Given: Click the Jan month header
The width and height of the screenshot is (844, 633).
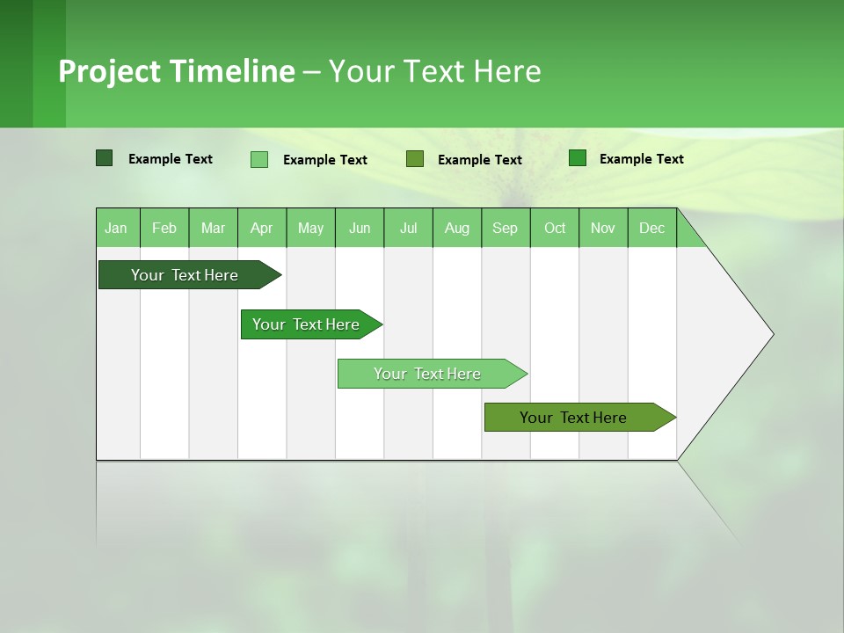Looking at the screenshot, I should [x=117, y=228].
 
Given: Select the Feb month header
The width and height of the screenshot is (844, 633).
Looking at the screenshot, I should [x=164, y=228].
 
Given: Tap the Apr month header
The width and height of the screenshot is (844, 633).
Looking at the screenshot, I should [x=262, y=228].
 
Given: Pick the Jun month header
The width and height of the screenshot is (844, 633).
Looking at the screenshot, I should [x=360, y=228].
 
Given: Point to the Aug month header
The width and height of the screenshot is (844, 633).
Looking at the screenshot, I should [x=457, y=228].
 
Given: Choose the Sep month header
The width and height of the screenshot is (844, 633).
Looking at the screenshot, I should [x=506, y=228].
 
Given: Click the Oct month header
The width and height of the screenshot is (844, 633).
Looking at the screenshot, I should [x=555, y=228].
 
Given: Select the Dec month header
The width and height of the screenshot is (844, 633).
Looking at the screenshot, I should [x=652, y=228].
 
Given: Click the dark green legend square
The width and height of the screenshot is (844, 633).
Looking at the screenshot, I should [x=104, y=158].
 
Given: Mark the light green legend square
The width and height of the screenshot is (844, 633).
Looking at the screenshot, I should [x=259, y=159].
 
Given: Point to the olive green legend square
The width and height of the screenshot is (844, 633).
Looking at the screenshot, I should [x=415, y=158].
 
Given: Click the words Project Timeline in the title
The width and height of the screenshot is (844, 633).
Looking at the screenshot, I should [x=177, y=71].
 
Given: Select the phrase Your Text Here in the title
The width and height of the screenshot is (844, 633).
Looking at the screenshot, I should [x=434, y=71].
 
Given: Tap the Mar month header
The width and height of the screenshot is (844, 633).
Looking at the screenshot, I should [x=213, y=228].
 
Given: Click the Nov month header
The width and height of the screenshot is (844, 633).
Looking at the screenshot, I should [x=603, y=228].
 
